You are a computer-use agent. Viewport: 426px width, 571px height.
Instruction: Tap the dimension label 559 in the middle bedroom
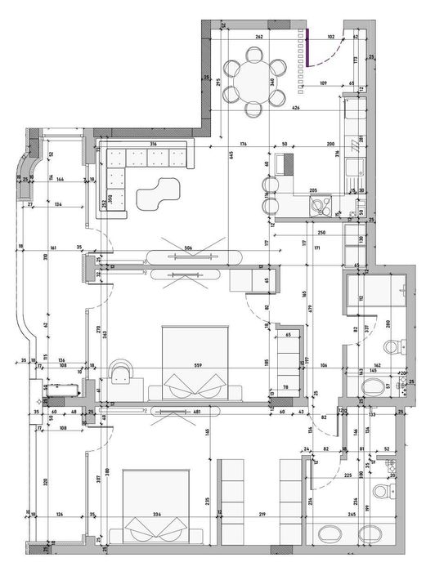tap(197, 365)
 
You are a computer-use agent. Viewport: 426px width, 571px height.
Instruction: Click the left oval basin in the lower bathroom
tap(330, 537)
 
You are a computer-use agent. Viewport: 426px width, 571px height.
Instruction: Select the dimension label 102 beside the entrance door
tap(331, 38)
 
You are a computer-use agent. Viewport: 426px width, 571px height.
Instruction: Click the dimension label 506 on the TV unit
tap(189, 248)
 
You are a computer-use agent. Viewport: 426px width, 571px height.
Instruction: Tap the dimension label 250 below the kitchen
tap(299, 233)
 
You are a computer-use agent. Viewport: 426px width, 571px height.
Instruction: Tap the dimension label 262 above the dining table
tap(258, 38)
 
